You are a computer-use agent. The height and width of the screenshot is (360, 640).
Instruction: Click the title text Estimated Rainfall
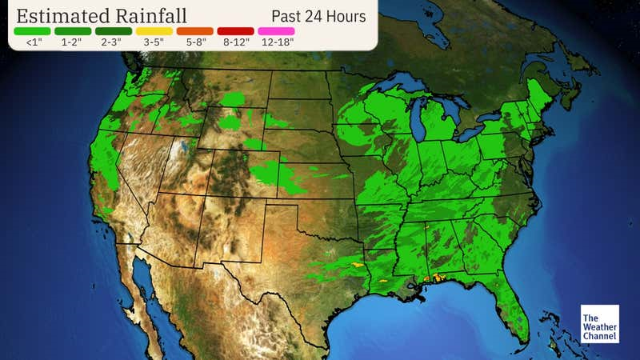coord(101,16)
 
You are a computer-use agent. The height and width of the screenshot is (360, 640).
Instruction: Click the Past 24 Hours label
coord(318,16)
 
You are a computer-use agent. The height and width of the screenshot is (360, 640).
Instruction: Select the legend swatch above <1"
coord(31,31)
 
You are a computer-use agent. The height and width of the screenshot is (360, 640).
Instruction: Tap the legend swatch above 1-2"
coord(73,31)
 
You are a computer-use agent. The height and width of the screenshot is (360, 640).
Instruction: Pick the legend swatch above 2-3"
coord(114,31)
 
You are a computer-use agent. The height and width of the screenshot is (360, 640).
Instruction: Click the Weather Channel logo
coord(599,324)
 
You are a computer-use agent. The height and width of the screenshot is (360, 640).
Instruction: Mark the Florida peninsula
coord(513,308)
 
